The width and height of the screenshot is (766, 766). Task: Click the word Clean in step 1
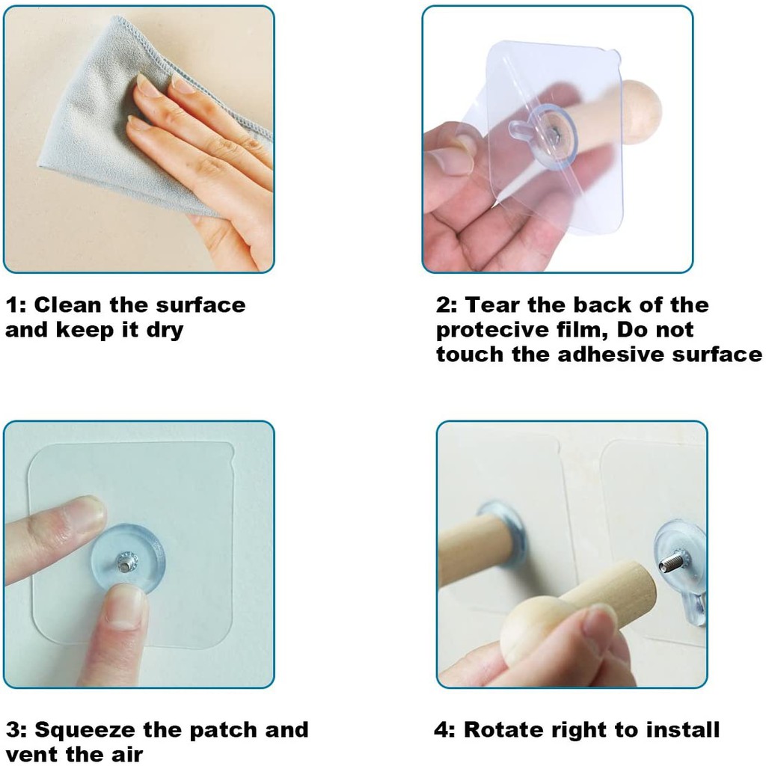[67, 305]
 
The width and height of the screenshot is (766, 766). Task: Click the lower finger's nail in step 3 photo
[123, 610]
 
